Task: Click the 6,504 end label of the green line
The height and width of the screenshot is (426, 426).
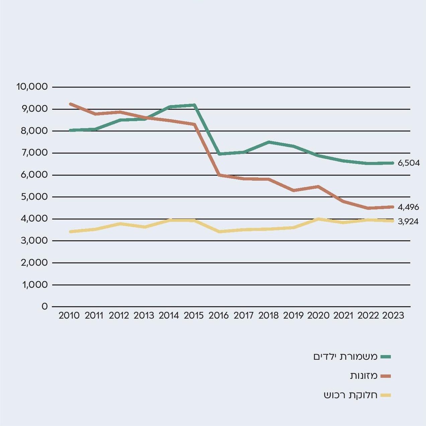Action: point(409,163)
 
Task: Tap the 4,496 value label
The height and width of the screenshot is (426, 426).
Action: point(408,207)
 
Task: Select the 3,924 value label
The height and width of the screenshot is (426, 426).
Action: point(408,221)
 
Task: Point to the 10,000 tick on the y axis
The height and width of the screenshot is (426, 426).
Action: point(32,87)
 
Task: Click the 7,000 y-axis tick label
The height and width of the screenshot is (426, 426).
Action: point(34,153)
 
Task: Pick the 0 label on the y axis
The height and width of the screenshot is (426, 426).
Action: point(45,306)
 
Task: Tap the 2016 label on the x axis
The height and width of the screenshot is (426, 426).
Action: point(219,316)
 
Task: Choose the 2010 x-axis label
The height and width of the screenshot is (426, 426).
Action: point(69,316)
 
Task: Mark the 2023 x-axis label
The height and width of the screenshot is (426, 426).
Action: point(393,316)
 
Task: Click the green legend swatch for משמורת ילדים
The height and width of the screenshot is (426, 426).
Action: point(386,357)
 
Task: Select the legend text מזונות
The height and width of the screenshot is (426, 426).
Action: point(364,376)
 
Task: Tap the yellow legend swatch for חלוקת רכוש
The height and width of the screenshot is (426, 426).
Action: point(386,395)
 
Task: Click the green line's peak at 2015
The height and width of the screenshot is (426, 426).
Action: point(194,105)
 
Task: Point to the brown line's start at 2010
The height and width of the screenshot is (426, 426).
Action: point(70,104)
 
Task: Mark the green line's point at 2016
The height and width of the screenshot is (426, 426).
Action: point(219,154)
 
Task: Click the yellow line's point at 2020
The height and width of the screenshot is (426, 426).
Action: point(318,219)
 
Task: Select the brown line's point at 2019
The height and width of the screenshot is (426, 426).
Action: point(293,190)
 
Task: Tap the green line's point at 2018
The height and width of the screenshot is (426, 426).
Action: point(269,142)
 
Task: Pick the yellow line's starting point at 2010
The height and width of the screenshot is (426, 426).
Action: point(70,232)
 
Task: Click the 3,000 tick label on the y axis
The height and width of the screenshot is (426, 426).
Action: point(34,241)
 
